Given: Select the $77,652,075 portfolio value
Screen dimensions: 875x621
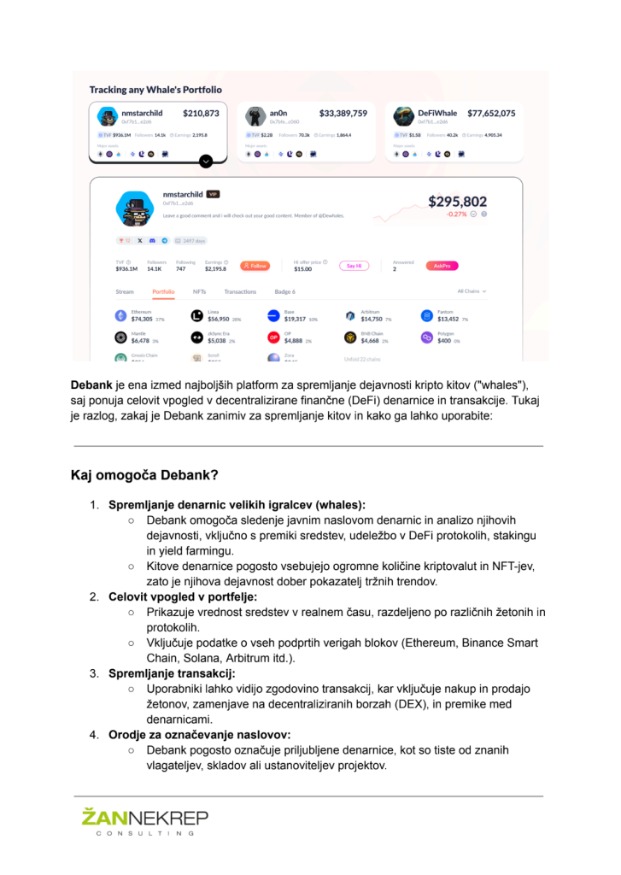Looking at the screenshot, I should point(490,113).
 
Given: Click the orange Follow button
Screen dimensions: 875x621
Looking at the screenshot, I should point(255,266).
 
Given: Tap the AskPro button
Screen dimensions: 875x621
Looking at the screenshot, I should point(442,266).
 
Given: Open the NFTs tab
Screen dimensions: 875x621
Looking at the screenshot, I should point(199,291).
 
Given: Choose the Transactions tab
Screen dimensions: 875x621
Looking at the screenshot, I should point(240,291).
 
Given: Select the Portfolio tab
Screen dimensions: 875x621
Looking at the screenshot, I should point(164,291).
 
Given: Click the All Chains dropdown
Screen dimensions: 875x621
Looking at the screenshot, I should point(472,291).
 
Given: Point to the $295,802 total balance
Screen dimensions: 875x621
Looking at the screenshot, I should point(457,203).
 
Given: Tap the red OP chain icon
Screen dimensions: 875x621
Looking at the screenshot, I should point(273,338).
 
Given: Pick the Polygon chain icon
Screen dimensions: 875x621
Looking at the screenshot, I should point(426,338).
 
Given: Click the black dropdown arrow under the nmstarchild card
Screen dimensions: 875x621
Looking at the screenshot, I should point(206,161).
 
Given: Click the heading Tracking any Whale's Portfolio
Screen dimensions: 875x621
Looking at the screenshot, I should point(155,89).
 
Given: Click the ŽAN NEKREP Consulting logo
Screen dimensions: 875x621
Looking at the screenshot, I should point(144,825).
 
